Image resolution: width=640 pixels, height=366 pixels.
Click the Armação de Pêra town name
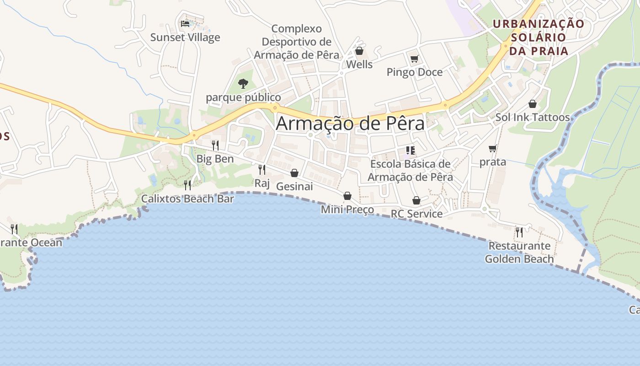(350, 124)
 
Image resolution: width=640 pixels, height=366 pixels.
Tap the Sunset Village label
(185, 38)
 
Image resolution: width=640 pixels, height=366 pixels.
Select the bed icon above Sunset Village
(185, 23)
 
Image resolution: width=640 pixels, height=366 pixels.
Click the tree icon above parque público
(243, 84)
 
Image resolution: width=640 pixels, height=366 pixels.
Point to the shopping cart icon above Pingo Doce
(415, 59)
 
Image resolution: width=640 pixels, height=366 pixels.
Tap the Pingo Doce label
(415, 72)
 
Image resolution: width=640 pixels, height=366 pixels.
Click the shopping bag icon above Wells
(359, 51)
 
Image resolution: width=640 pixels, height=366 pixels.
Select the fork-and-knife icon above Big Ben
(215, 145)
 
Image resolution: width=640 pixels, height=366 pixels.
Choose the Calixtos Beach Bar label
(187, 199)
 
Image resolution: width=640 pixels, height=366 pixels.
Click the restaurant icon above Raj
(262, 170)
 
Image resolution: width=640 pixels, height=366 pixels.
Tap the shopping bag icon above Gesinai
(294, 173)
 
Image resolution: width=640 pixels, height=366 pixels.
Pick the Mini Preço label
(347, 210)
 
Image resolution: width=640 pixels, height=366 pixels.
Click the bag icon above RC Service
(416, 200)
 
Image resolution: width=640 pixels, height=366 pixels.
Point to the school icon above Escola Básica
(410, 150)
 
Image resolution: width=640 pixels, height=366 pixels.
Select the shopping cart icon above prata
(493, 148)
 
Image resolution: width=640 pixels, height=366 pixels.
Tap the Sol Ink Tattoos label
(533, 118)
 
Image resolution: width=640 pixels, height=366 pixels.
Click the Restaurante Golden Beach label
(519, 252)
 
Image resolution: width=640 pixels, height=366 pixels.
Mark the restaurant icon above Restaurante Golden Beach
(519, 232)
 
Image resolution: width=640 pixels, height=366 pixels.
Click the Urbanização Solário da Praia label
(539, 37)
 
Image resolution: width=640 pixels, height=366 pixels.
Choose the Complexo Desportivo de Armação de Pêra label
(297, 42)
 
